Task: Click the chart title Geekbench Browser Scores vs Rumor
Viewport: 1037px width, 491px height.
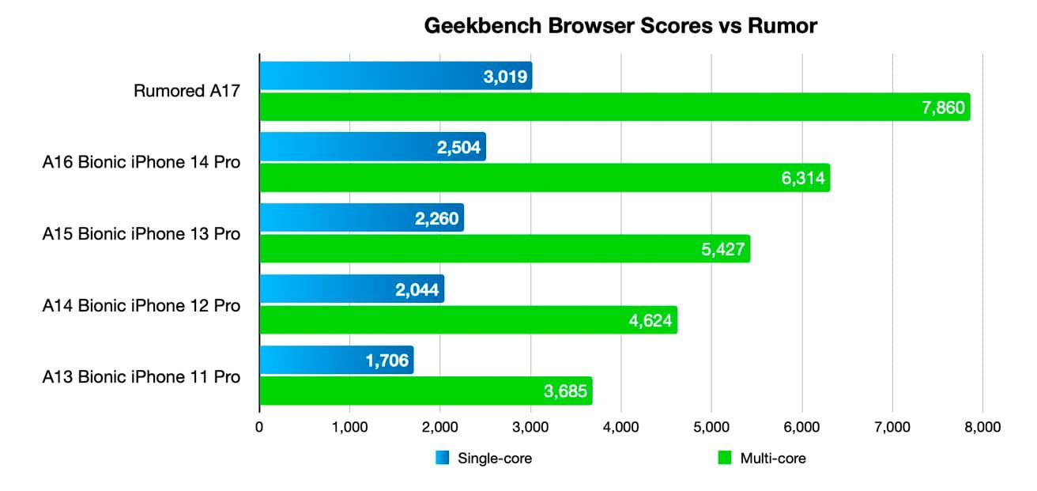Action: click(620, 26)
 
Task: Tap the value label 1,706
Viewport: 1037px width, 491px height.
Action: click(387, 361)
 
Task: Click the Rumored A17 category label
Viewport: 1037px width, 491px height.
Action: click(187, 92)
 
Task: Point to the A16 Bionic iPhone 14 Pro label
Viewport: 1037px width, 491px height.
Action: click(141, 163)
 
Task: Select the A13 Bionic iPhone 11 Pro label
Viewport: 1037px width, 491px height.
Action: click(141, 376)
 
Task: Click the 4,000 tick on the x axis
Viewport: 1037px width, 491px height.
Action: click(621, 428)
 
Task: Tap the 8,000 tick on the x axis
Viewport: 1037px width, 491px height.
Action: click(982, 428)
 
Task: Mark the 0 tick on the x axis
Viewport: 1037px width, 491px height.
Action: click(259, 428)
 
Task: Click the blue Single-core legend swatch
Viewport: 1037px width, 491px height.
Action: click(443, 458)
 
